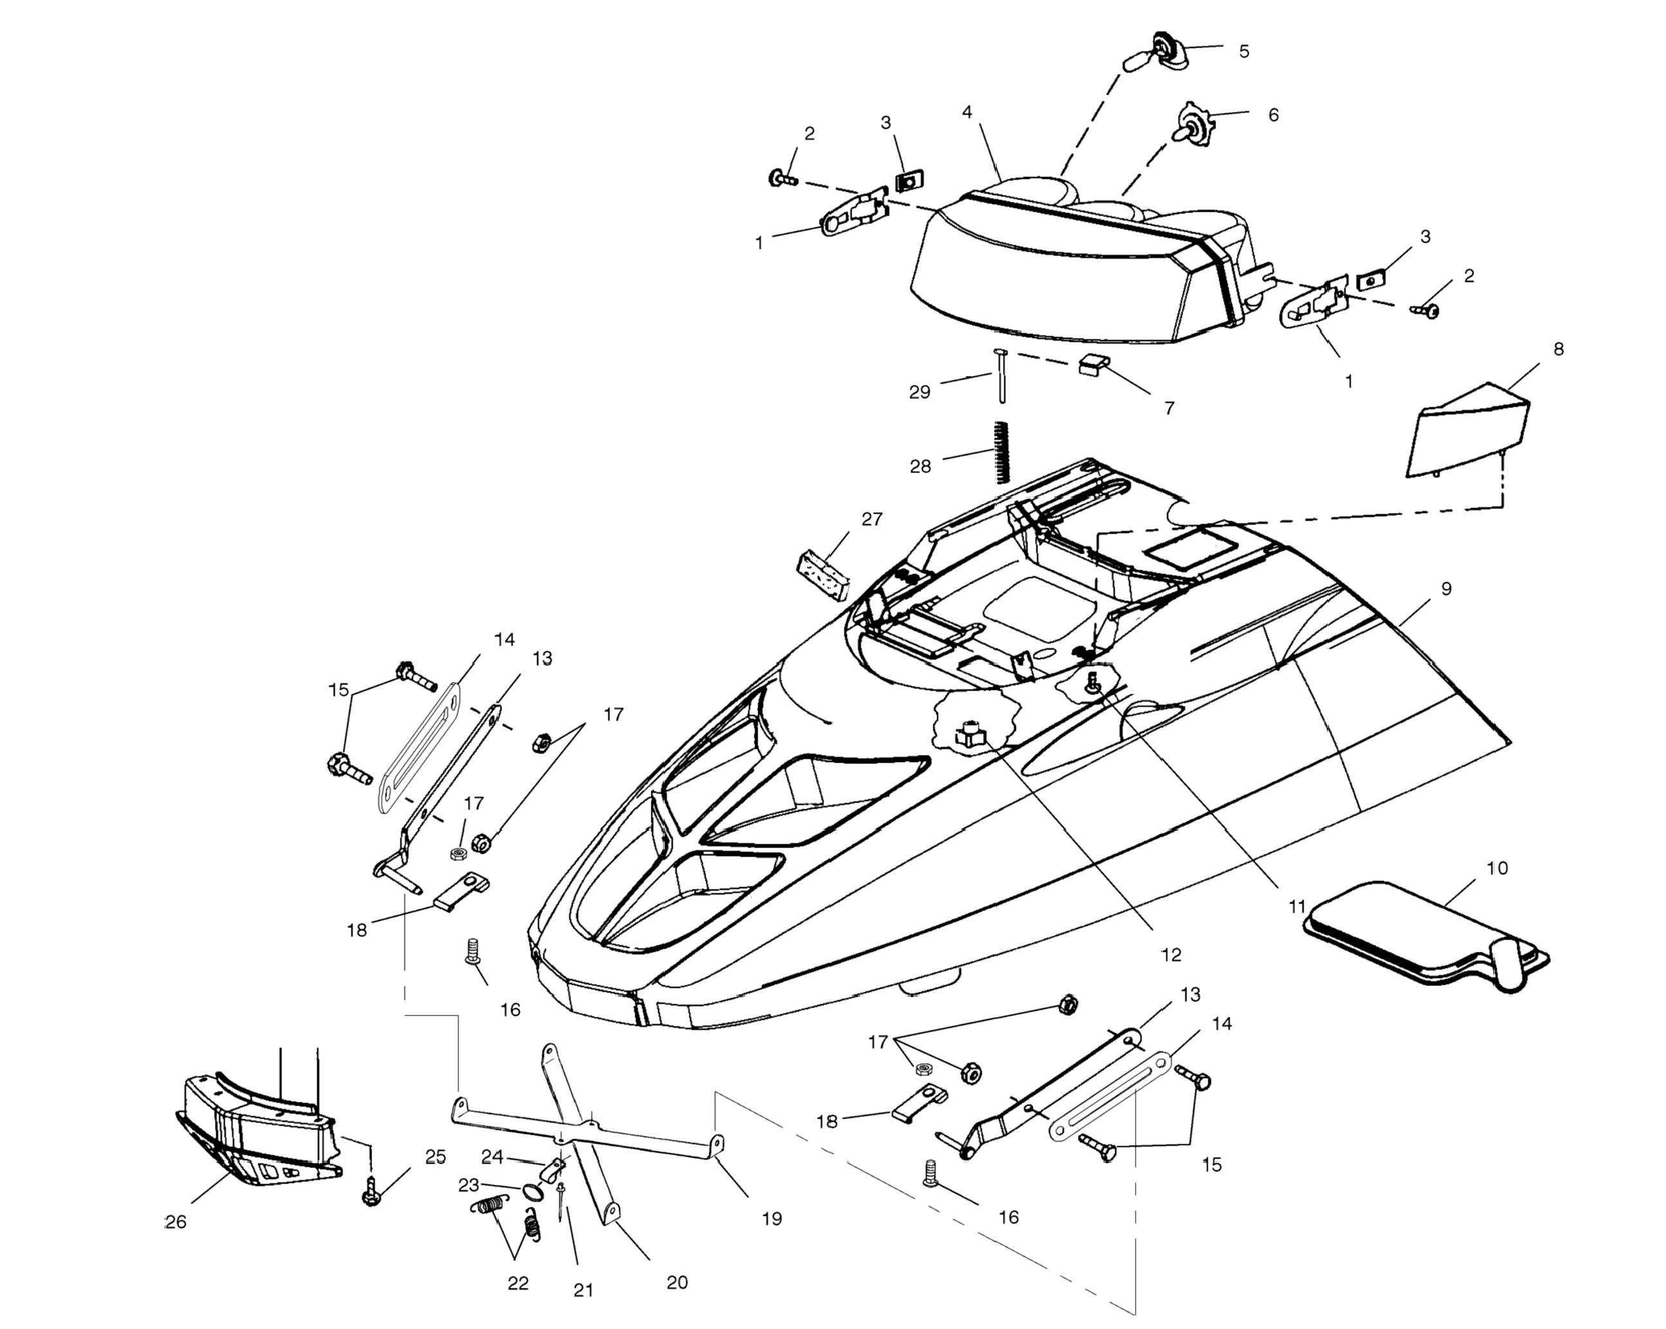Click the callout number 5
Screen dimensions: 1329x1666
click(x=1243, y=51)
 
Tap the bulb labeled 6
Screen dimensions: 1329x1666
click(x=1192, y=127)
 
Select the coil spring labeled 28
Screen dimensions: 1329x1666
click(x=1002, y=452)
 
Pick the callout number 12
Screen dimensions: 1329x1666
click(x=1171, y=955)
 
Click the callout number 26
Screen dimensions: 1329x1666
click(x=176, y=1222)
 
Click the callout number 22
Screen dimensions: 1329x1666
click(x=518, y=1283)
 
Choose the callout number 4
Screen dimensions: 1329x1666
click(x=967, y=113)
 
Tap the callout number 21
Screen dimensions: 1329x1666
click(x=583, y=1290)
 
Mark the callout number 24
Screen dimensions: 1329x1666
click(x=492, y=1157)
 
